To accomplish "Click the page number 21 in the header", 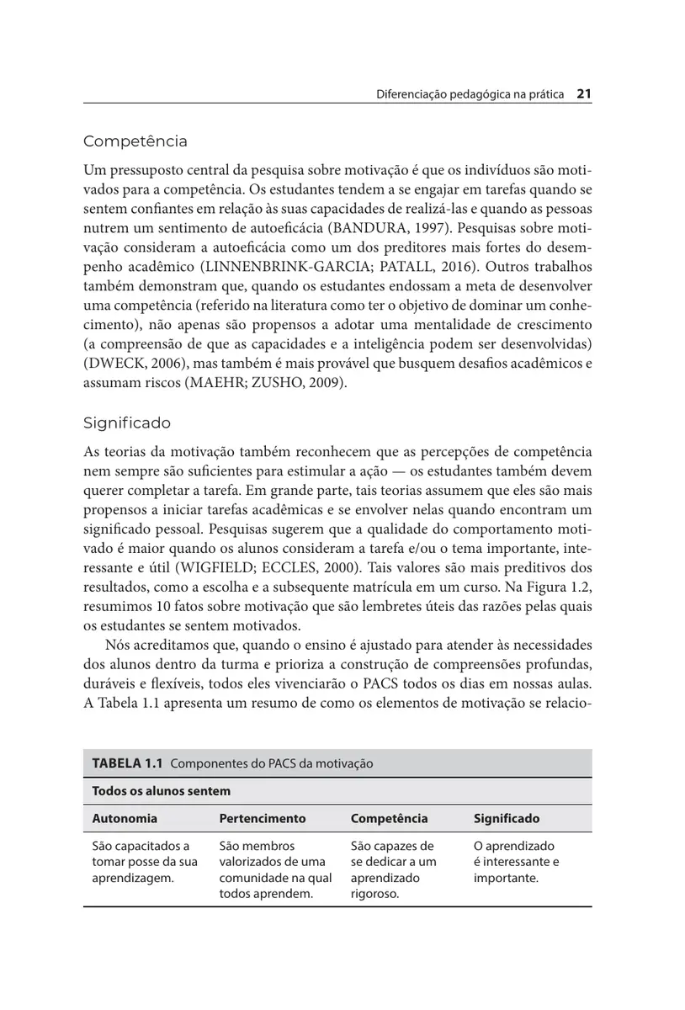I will (x=584, y=94).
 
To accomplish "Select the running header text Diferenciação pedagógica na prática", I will (x=470, y=95).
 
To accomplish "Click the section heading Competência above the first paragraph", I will (x=135, y=141).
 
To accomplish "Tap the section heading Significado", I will (x=127, y=423).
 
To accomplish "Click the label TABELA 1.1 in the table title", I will (x=126, y=763).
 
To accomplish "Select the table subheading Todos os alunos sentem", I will (x=161, y=791).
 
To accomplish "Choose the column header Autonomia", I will (x=125, y=818).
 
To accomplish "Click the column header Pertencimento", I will (x=263, y=818).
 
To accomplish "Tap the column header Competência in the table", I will (x=389, y=818).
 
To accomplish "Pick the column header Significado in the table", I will (x=507, y=818).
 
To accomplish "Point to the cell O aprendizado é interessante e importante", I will (x=516, y=862).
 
